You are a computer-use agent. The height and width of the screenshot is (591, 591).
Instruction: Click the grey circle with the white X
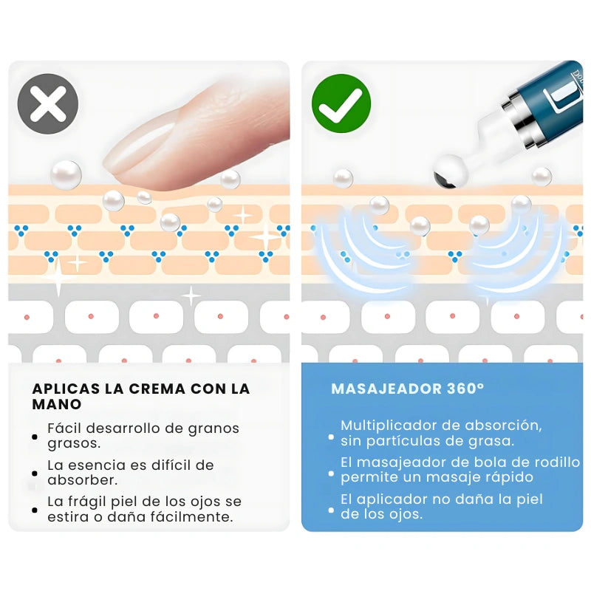coord(48,103)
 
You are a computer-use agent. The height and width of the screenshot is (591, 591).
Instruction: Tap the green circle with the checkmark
coord(341,103)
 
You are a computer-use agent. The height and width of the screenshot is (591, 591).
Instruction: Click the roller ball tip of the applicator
coord(451,171)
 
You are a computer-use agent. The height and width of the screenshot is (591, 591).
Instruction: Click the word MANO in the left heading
coord(57,404)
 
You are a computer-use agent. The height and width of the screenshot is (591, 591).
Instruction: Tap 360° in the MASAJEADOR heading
coord(465,389)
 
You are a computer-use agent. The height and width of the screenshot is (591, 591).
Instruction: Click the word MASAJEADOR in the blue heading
coord(386,389)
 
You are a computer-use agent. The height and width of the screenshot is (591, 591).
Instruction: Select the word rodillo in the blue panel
coord(558,462)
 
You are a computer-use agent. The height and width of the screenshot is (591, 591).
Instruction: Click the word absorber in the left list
coord(83,479)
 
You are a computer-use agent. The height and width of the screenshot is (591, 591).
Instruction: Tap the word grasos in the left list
coord(74,444)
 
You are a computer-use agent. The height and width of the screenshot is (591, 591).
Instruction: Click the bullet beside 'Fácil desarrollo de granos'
coord(35,437)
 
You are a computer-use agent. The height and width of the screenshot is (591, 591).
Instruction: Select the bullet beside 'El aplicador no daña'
coord(331,510)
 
